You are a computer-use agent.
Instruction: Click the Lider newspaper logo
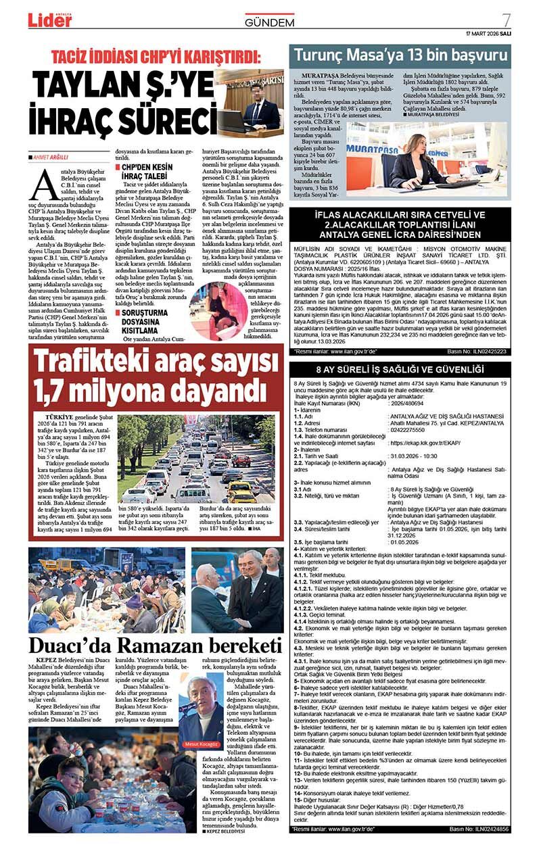point(49,20)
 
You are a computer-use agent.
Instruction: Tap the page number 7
point(506,20)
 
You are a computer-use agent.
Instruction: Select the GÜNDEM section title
point(269,22)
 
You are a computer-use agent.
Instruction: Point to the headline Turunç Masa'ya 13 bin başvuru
point(398,55)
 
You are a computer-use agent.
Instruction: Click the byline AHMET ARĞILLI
point(50,158)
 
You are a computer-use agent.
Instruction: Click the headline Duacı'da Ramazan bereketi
point(155,644)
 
